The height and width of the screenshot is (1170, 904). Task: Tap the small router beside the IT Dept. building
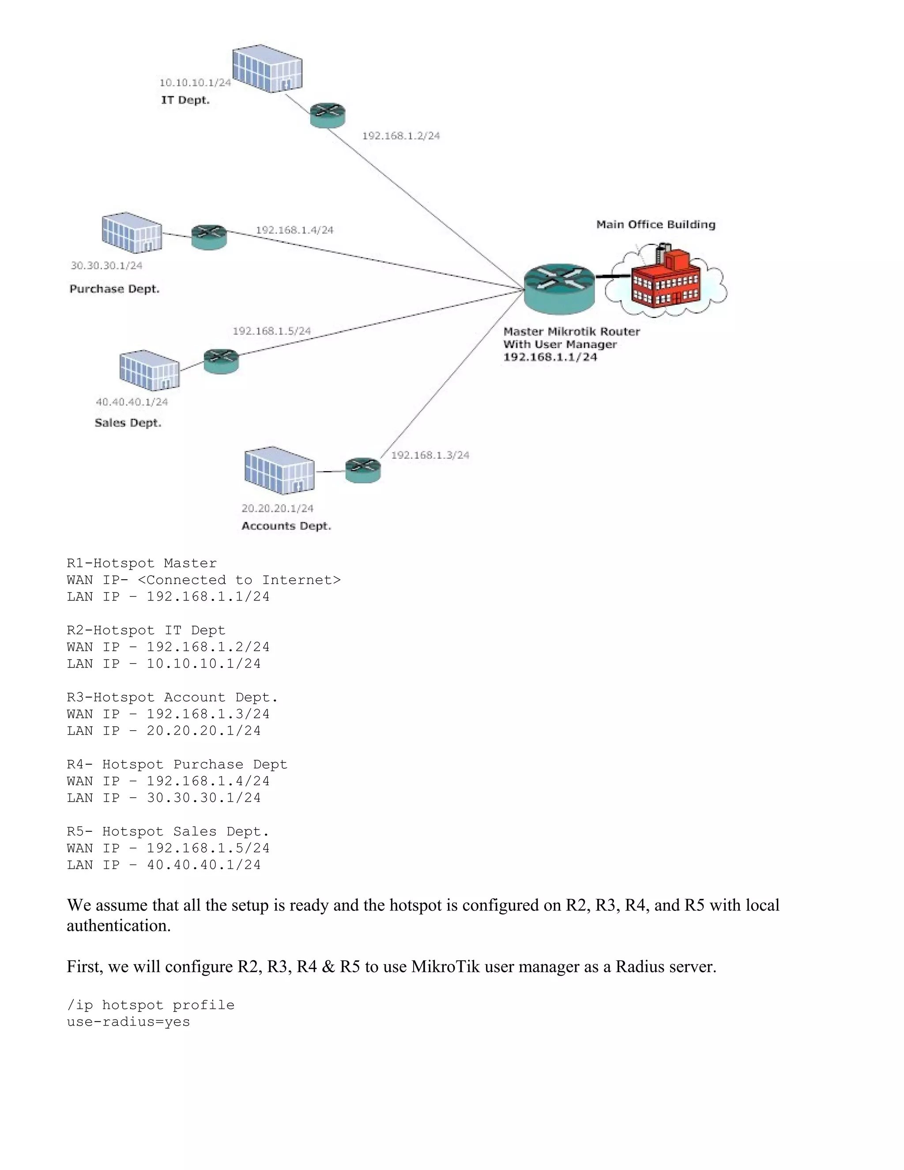click(x=328, y=115)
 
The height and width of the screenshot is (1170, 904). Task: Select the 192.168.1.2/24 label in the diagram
click(x=401, y=136)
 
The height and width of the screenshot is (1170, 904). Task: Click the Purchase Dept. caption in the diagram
click(x=115, y=289)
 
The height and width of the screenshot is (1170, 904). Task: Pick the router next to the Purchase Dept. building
click(x=209, y=237)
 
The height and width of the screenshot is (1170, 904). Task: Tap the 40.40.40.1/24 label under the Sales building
click(x=132, y=402)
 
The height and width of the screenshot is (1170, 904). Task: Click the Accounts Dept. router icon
click(x=362, y=470)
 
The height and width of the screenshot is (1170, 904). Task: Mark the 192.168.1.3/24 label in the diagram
click(x=430, y=455)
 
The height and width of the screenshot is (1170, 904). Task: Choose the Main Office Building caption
click(x=655, y=224)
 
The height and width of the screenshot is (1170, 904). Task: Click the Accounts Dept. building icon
click(x=279, y=470)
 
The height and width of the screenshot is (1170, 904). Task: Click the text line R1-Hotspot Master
click(x=142, y=563)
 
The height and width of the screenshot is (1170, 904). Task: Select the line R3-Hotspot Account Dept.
click(x=173, y=698)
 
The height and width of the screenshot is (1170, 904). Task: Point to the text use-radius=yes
click(x=128, y=1022)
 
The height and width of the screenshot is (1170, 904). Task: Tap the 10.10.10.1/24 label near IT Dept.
click(x=195, y=83)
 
